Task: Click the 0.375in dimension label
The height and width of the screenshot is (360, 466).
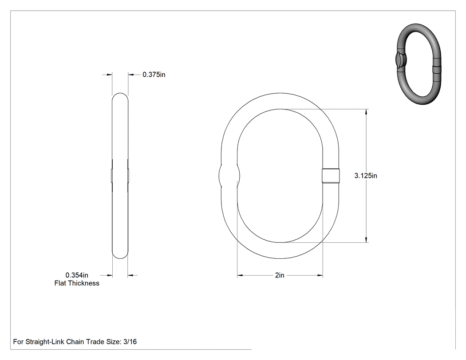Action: click(x=154, y=75)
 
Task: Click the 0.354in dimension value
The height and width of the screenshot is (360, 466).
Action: click(x=77, y=275)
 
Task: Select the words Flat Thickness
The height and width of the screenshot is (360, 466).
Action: click(x=77, y=283)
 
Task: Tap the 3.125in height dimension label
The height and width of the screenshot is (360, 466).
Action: click(x=366, y=176)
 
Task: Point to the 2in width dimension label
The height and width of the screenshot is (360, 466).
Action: click(x=279, y=275)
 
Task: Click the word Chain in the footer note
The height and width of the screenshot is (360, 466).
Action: click(x=75, y=342)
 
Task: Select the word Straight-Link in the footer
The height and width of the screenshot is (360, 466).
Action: click(x=45, y=342)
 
